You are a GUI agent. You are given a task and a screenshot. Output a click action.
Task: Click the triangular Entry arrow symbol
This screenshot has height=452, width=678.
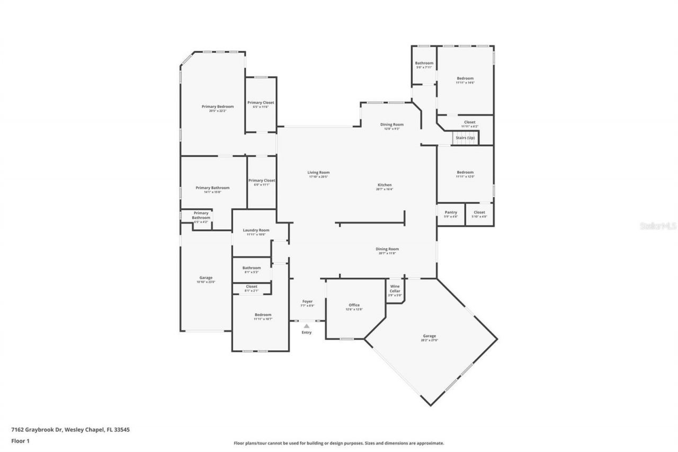[x=306, y=326]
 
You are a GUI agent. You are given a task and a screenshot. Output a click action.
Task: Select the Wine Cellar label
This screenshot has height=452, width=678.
[x=395, y=289]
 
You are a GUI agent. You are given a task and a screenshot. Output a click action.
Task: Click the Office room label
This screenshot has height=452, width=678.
[x=354, y=305]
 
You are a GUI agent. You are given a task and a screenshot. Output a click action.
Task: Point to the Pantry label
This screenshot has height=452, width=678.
[x=451, y=212]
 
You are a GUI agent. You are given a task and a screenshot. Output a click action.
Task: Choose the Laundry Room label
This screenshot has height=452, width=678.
[x=256, y=230]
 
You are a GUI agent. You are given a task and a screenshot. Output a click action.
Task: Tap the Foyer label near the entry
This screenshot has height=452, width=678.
[x=307, y=302]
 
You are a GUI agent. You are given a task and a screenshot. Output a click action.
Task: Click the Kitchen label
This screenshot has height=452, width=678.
[x=385, y=185]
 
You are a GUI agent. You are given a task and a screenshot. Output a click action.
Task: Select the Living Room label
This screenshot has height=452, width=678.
[x=319, y=172]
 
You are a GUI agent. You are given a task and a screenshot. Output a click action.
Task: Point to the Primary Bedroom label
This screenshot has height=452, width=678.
[x=218, y=107]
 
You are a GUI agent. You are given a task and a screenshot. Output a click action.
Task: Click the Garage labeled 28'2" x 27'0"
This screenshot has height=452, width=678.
[x=430, y=336]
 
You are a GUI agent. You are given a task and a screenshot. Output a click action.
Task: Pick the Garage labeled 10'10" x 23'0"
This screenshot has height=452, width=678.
[x=206, y=278]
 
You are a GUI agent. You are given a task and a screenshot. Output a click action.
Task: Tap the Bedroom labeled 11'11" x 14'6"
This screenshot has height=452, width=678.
[x=465, y=78]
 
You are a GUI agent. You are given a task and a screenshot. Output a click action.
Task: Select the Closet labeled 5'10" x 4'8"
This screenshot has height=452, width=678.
[x=479, y=212]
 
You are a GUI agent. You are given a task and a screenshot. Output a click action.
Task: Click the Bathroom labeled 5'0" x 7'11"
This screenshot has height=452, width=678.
[x=424, y=63]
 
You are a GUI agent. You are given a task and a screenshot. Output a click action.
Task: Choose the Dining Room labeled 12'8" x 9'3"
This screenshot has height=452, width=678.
[x=392, y=125]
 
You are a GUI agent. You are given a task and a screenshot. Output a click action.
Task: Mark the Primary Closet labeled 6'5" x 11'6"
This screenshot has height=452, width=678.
[x=261, y=103]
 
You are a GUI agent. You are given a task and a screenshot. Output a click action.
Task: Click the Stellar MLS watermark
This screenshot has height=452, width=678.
[x=657, y=226]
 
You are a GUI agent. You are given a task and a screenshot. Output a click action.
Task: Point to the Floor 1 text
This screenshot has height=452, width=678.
[x=20, y=440]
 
